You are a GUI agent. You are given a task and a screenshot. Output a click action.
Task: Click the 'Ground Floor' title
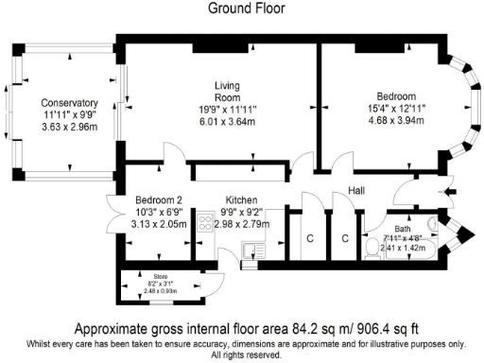pyautogui.click(x=241, y=8)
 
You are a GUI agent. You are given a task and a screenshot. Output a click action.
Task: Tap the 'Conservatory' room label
pyautogui.click(x=69, y=104)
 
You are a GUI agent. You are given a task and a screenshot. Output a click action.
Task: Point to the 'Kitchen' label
pyautogui.click(x=238, y=200)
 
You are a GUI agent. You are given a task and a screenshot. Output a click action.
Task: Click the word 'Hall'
pyautogui.click(x=356, y=191)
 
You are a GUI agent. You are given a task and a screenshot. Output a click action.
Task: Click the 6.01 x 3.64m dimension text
pyautogui.click(x=228, y=119)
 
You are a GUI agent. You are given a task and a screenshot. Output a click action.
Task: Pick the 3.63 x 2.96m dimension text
pyautogui.click(x=69, y=126)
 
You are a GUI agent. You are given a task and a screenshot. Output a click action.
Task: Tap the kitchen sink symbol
pyautogui.click(x=254, y=251)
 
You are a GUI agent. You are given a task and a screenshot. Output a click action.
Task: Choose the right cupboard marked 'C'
pyautogui.click(x=346, y=237)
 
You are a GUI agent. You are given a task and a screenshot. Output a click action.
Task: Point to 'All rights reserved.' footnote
pyautogui.click(x=241, y=355)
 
